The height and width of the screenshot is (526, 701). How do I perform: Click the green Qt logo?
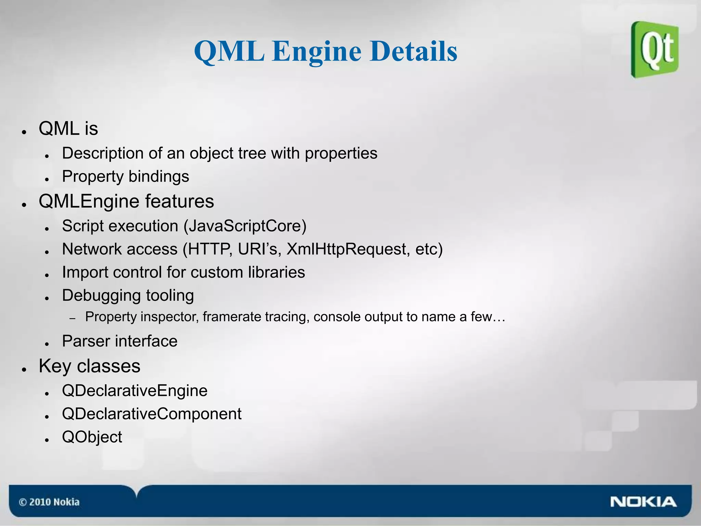(x=655, y=50)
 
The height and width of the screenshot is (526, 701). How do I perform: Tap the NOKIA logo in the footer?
(x=643, y=502)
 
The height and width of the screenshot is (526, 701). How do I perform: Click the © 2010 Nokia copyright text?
(x=49, y=502)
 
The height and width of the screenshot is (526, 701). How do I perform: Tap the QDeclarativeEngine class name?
(x=135, y=391)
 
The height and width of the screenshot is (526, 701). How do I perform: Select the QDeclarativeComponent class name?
(x=152, y=414)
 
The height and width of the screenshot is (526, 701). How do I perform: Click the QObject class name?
(x=92, y=437)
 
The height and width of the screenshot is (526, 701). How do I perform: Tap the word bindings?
(x=158, y=177)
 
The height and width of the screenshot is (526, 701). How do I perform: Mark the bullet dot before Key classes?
(x=24, y=369)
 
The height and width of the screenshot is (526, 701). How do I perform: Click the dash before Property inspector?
(x=72, y=319)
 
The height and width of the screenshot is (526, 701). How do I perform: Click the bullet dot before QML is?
(x=24, y=132)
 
